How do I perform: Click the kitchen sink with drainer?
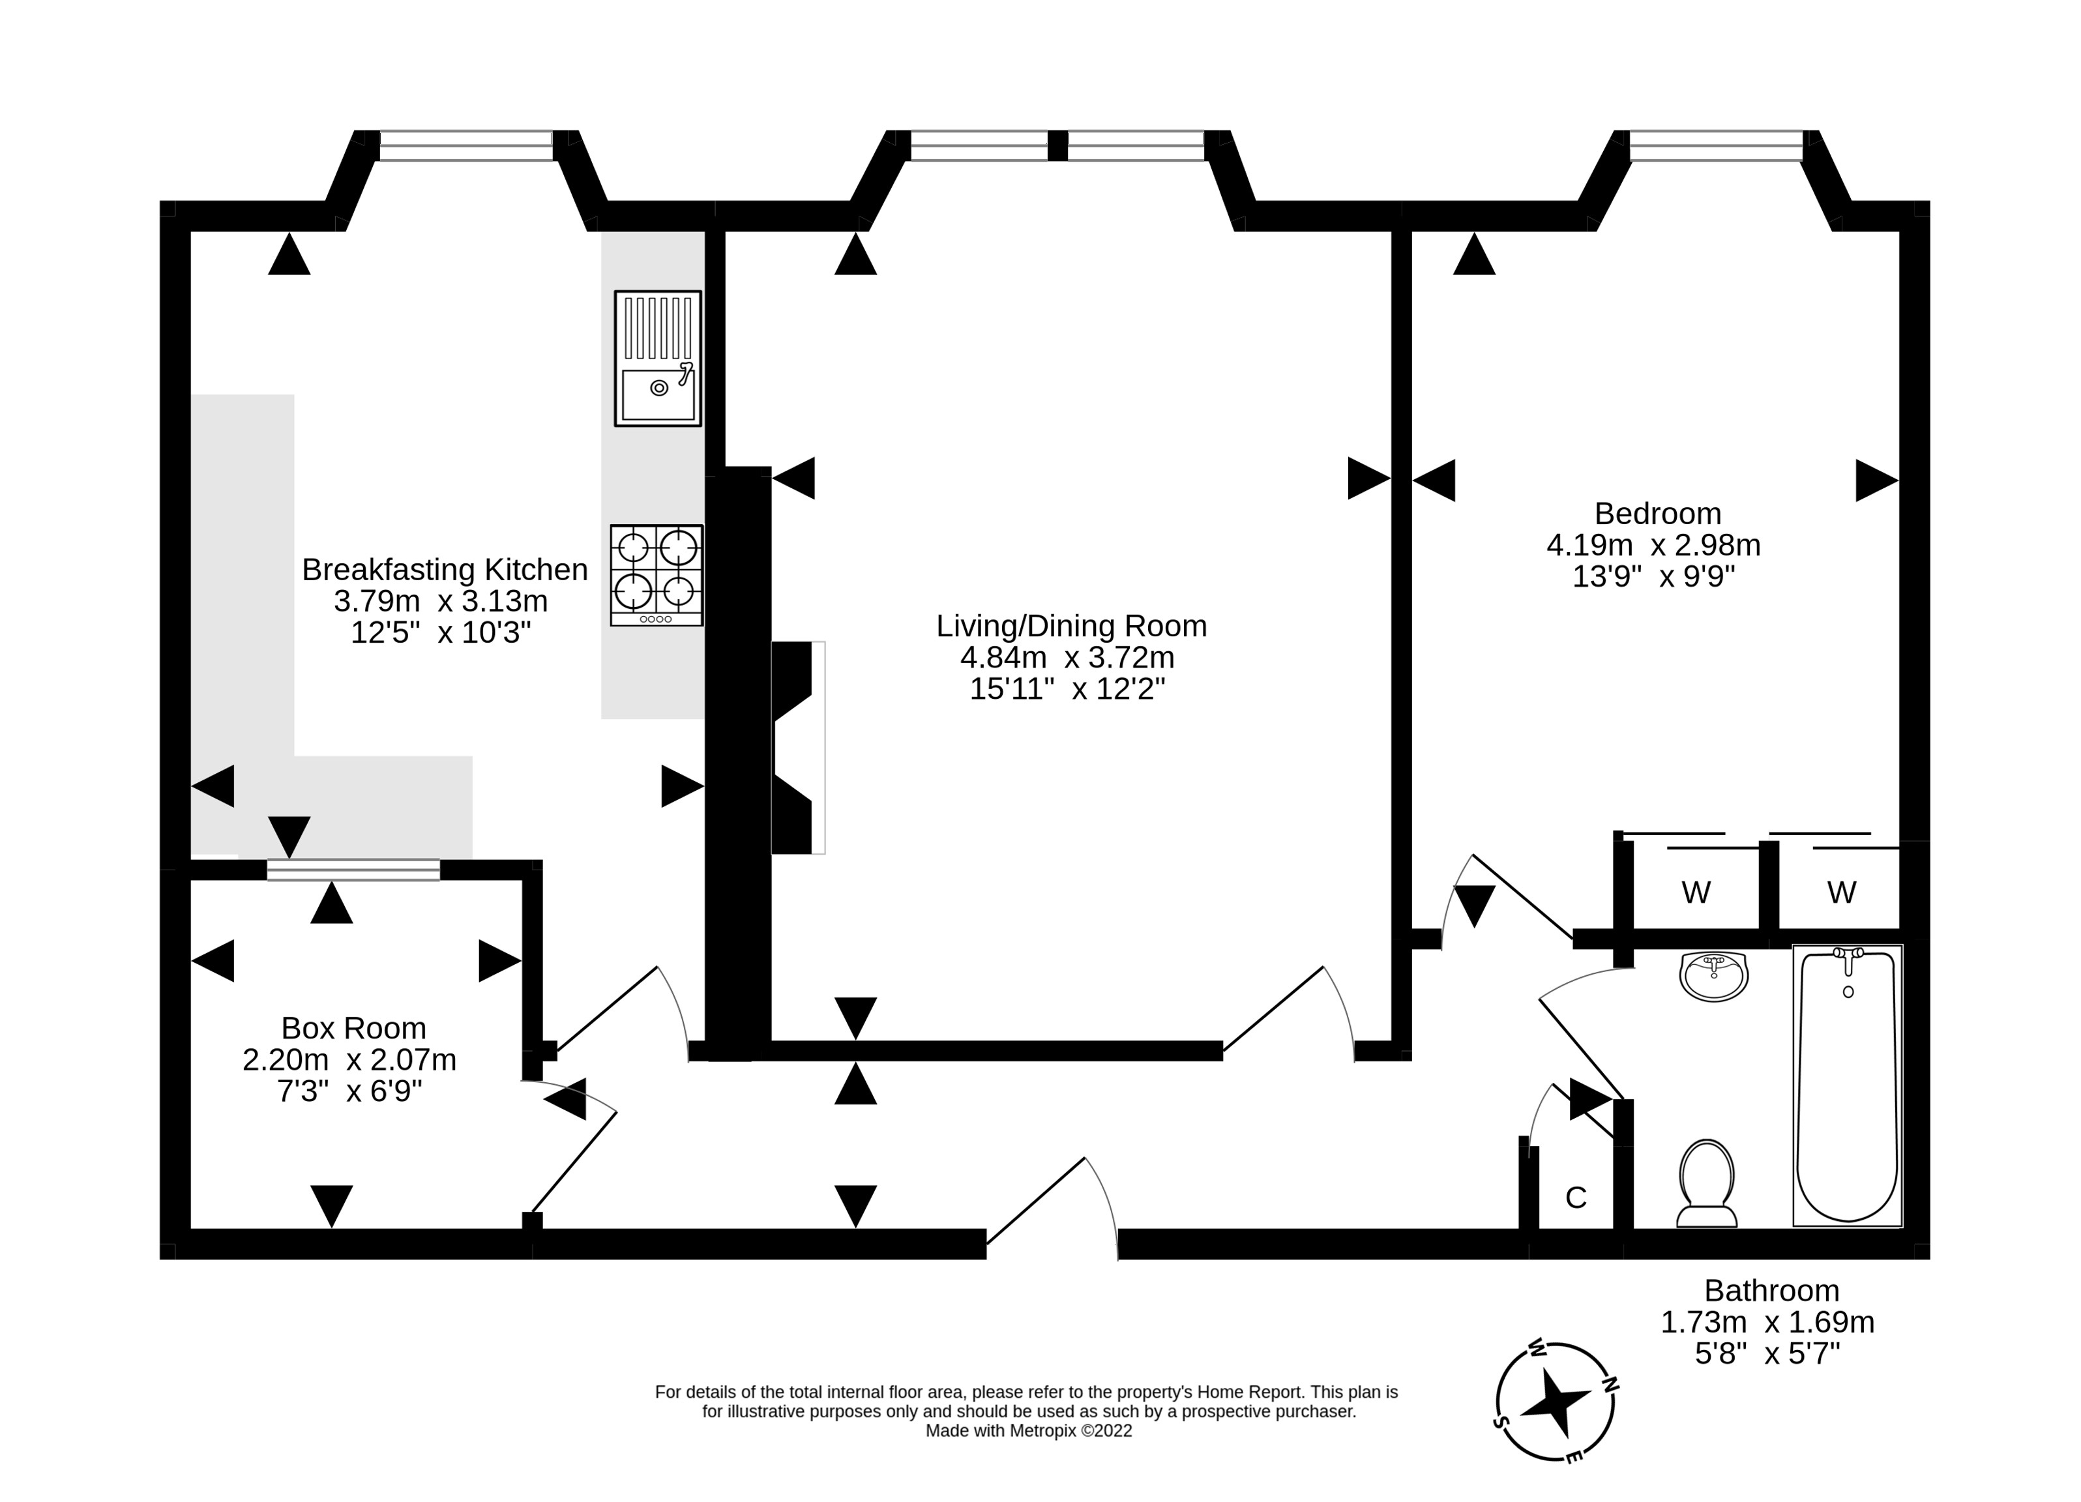[658, 359]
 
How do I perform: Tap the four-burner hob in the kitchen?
[657, 575]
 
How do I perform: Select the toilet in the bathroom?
[1707, 1184]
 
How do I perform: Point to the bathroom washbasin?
[1714, 977]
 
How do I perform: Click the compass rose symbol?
[1556, 1401]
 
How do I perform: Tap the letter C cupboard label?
[1576, 1198]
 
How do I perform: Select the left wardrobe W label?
[1696, 892]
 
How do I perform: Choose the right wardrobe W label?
[1842, 892]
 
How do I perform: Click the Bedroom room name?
[1658, 513]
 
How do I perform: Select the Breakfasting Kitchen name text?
[445, 570]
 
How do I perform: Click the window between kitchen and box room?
[353, 870]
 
